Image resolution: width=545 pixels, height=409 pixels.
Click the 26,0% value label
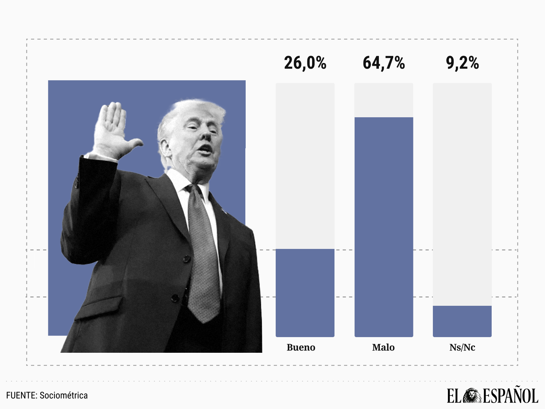click(305, 63)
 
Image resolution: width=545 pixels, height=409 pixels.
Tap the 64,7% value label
click(384, 63)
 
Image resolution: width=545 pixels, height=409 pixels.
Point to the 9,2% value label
click(462, 63)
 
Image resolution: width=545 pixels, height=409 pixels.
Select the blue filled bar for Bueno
click(305, 292)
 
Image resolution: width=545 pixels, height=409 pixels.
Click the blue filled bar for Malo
click(384, 227)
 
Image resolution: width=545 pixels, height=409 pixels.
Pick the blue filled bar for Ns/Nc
click(462, 321)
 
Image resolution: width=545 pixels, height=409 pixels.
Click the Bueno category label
click(301, 347)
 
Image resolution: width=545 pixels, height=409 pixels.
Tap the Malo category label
click(383, 347)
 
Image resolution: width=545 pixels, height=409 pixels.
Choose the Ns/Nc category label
click(462, 347)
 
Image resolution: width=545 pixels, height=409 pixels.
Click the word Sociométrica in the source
click(64, 396)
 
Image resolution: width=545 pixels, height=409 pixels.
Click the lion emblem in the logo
click(472, 396)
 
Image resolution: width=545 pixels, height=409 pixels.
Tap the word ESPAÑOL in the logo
click(510, 396)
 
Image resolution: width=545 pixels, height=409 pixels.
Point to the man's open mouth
click(206, 149)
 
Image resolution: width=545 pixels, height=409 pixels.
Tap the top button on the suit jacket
click(187, 259)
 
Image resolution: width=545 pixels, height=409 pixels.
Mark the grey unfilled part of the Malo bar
click(384, 100)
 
